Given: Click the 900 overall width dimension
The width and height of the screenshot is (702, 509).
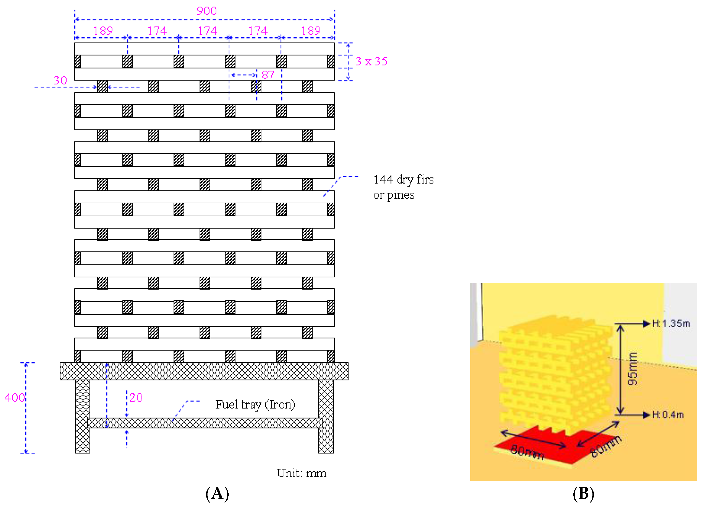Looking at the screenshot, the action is pos(206,11).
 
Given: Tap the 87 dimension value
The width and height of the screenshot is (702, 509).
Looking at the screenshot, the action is pos(268,75).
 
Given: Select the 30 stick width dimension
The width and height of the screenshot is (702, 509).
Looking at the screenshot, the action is pos(60,81).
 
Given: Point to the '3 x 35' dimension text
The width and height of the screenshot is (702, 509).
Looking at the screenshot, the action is pos(371,61).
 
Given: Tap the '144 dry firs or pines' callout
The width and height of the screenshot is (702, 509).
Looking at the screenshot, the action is pos(403,187).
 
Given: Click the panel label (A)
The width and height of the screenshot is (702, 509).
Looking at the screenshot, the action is pos(217,494).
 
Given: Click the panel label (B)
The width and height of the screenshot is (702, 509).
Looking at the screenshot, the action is pos(583,494).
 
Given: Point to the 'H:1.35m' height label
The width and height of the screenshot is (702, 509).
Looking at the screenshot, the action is pos(671,324).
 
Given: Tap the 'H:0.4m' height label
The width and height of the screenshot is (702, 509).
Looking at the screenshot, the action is pos(668,415).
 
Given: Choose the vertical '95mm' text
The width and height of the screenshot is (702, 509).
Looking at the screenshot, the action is pos(632,369).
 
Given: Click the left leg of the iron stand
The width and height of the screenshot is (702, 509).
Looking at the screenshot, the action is pos(83,416).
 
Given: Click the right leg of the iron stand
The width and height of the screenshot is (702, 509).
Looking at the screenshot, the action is pos(326,416).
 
